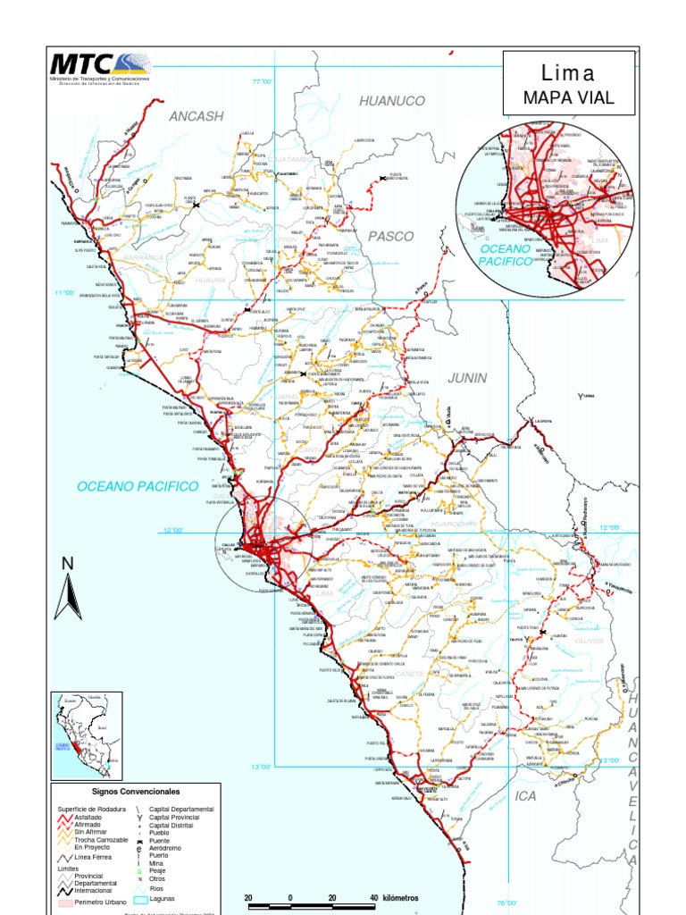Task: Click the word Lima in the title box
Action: tap(568, 73)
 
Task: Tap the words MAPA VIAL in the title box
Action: tap(568, 97)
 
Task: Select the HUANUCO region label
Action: tap(392, 101)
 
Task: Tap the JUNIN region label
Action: tap(467, 378)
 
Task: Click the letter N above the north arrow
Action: tap(67, 563)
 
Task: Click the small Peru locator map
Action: tap(88, 732)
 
